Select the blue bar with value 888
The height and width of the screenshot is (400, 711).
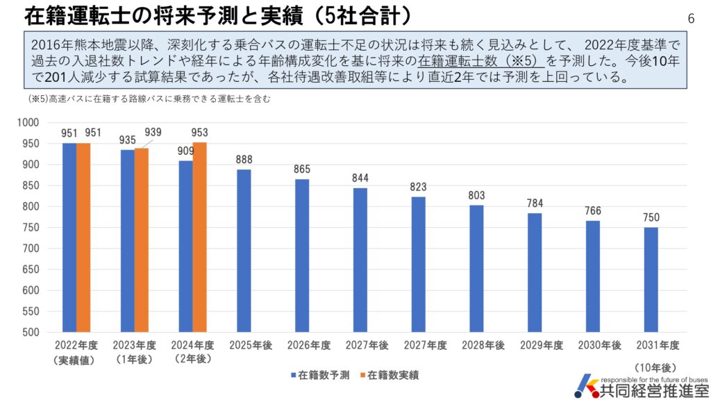click(x=244, y=251)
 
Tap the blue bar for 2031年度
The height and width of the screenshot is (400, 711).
click(x=651, y=280)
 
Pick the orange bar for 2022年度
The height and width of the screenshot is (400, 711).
click(x=83, y=237)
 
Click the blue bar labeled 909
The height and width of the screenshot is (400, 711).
click(x=185, y=247)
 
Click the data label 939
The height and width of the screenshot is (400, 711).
click(x=153, y=133)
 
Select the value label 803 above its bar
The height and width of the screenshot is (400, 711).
click(x=476, y=195)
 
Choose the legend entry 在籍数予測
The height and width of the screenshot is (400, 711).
click(x=316, y=375)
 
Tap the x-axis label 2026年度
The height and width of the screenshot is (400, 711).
click(x=302, y=345)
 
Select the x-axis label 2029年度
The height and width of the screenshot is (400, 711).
click(x=535, y=345)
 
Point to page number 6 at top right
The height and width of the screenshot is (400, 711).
click(x=690, y=18)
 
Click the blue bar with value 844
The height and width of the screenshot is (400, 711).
click(x=360, y=260)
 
